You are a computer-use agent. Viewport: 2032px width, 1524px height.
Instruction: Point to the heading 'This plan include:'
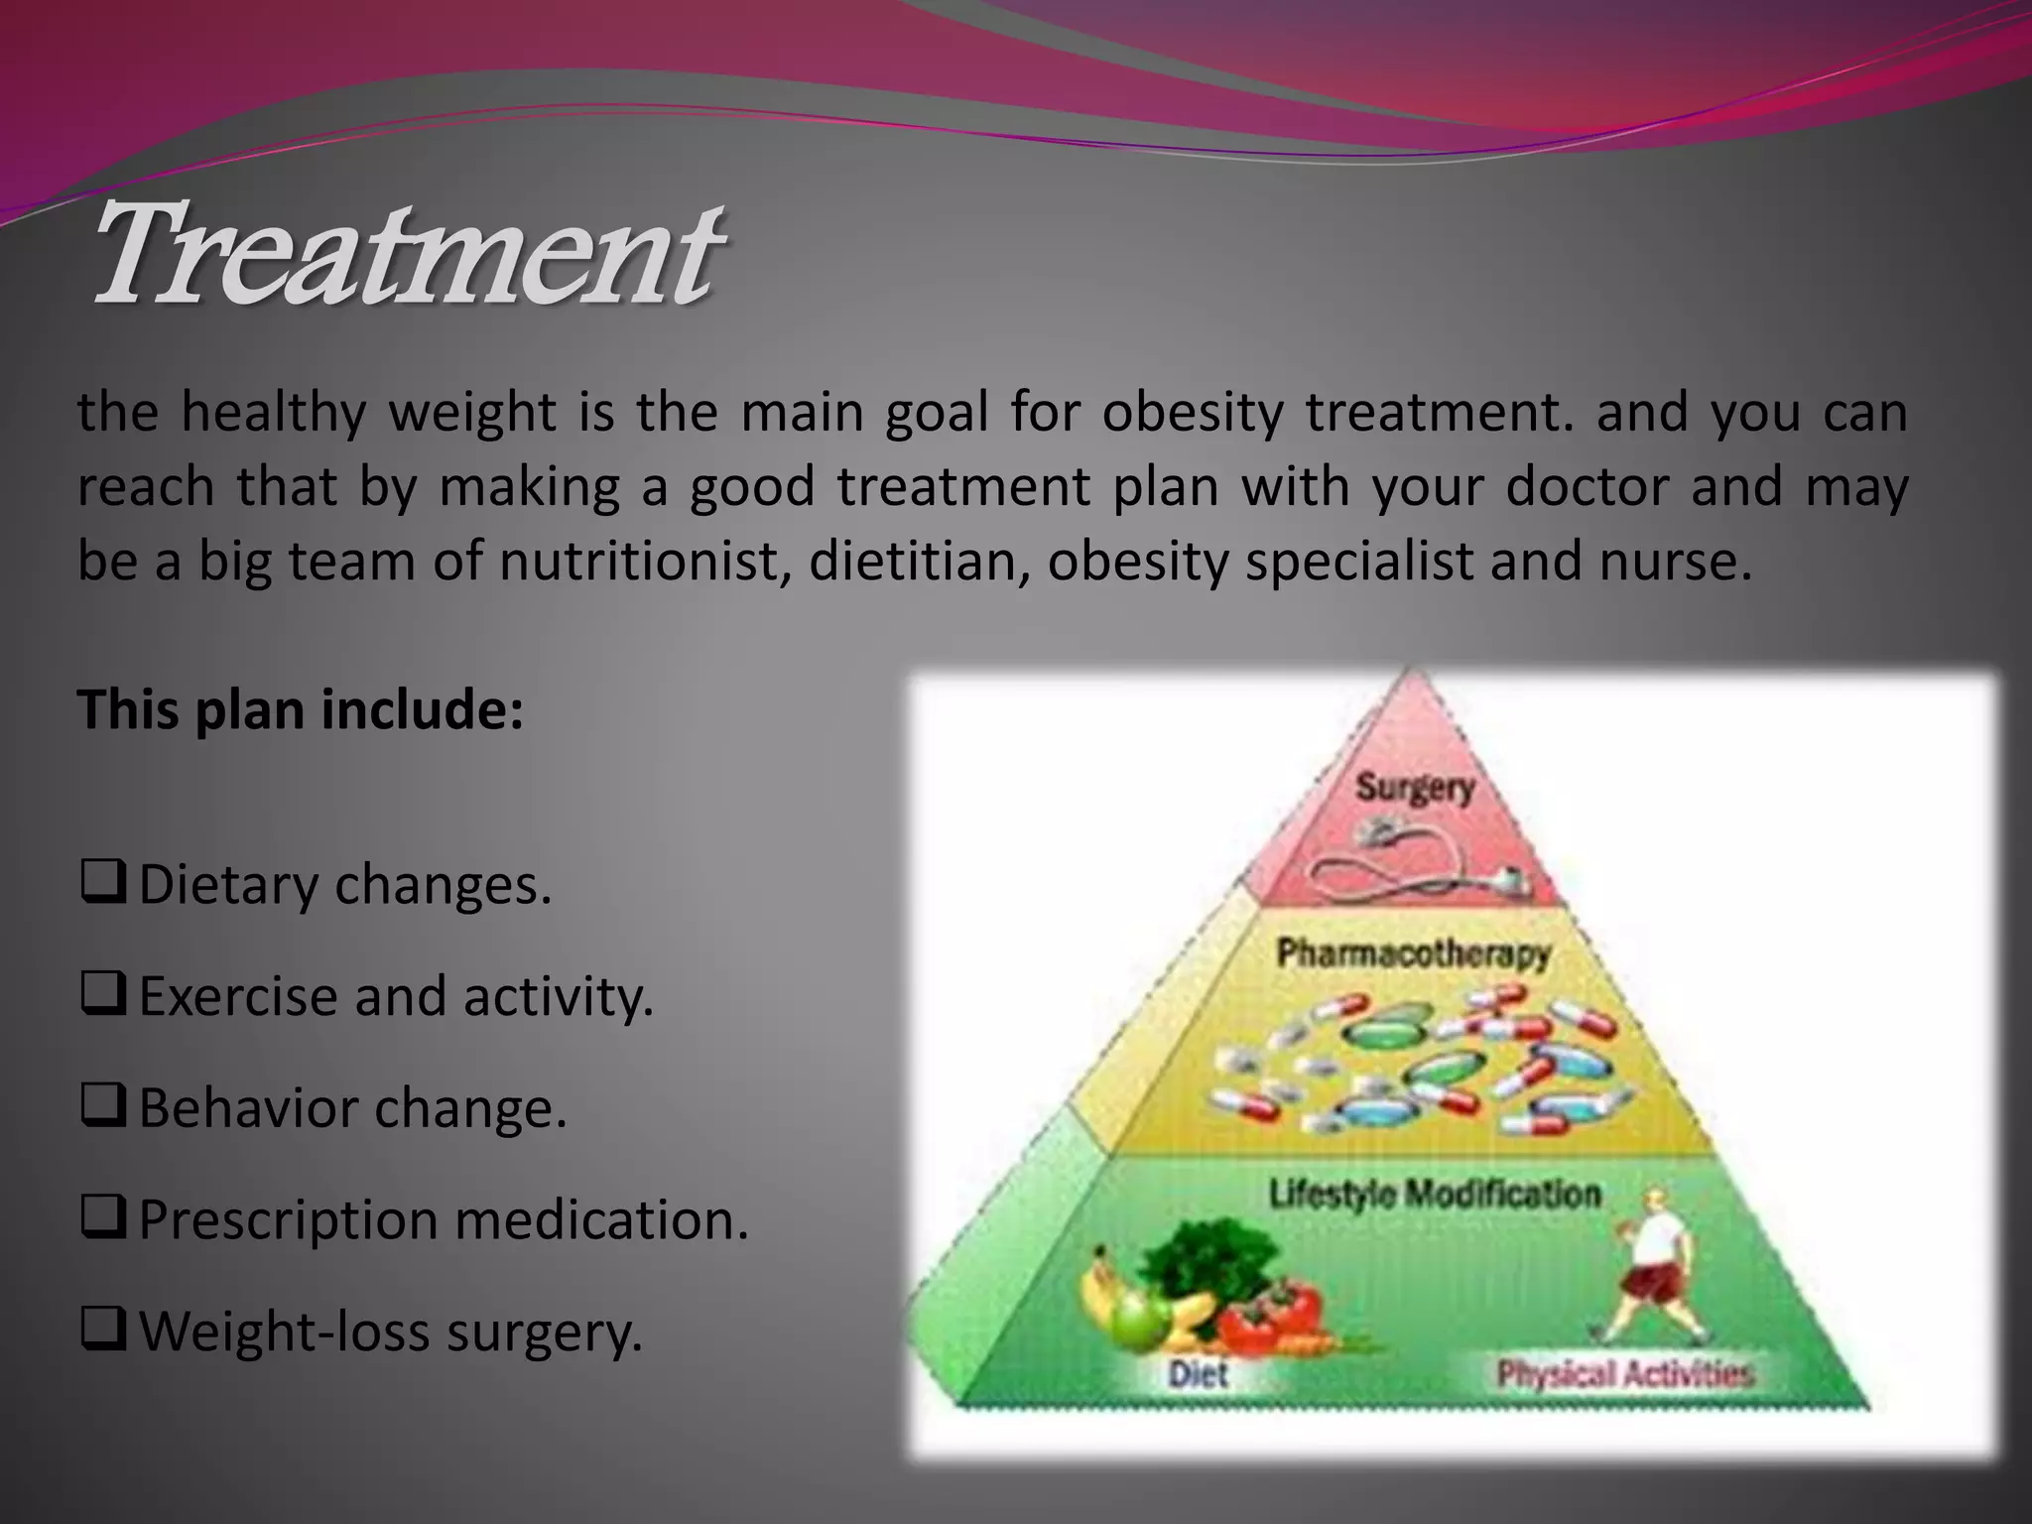click(x=301, y=710)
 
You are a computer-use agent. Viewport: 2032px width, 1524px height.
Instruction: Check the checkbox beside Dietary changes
click(x=102, y=885)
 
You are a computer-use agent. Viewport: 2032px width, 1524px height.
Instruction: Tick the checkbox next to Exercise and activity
click(x=102, y=996)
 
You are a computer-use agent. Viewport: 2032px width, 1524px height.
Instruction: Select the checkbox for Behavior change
click(x=102, y=1108)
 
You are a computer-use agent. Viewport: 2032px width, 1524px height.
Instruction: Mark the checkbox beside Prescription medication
click(x=102, y=1219)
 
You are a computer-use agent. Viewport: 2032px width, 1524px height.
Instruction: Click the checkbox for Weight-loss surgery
click(x=102, y=1332)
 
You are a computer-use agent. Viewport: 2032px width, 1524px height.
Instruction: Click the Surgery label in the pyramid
click(x=1415, y=789)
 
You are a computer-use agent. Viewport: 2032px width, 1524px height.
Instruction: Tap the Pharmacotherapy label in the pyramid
click(x=1413, y=953)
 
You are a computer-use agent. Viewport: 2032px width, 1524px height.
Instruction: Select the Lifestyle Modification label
click(x=1435, y=1194)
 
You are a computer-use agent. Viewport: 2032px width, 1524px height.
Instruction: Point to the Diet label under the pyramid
click(x=1198, y=1374)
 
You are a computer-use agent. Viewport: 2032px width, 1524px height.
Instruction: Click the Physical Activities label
click(x=1625, y=1374)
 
